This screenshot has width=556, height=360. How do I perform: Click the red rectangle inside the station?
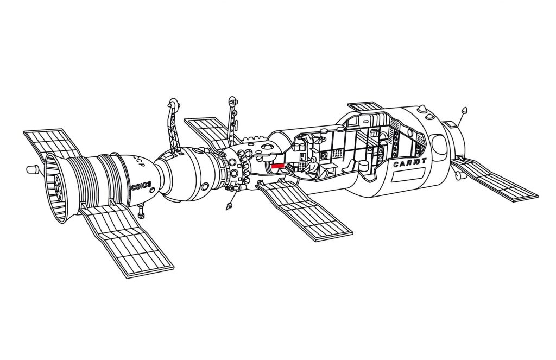click(x=277, y=165)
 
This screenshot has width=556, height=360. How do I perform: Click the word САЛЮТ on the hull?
click(x=409, y=163)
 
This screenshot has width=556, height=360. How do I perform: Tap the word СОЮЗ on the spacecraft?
click(x=141, y=186)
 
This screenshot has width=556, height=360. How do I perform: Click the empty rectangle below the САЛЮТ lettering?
click(x=409, y=174)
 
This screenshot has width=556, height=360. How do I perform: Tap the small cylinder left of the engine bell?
click(x=32, y=169)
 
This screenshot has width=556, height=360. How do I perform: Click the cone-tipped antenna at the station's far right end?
click(x=463, y=115)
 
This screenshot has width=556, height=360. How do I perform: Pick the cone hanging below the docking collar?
click(x=229, y=206)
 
